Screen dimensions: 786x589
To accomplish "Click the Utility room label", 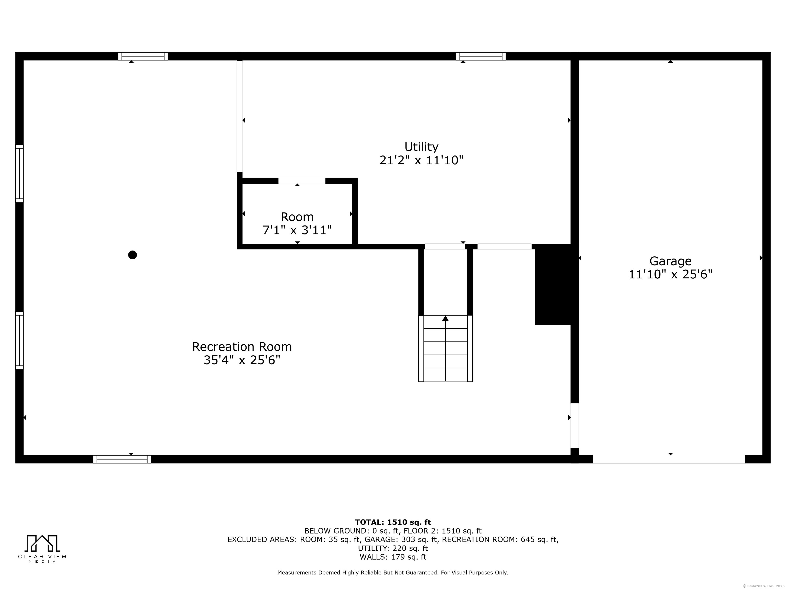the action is click(421, 147).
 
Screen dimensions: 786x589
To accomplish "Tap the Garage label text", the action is click(671, 261).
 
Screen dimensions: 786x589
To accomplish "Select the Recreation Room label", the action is click(242, 346).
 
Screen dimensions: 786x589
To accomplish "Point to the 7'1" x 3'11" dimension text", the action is click(297, 230).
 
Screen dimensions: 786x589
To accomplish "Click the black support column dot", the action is click(133, 255).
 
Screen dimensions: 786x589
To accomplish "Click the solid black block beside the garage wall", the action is click(553, 284).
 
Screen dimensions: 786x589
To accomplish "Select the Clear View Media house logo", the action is click(42, 543).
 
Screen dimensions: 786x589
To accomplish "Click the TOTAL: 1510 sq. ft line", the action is click(393, 522).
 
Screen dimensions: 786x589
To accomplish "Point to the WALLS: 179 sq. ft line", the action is click(393, 557).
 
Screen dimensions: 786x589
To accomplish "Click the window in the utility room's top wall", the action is click(481, 56).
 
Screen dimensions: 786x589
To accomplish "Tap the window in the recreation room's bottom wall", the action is click(122, 459).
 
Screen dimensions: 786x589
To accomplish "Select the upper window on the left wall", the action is click(19, 174).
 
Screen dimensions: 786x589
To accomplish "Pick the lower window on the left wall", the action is click(19, 341).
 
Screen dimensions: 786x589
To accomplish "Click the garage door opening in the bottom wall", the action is click(669, 459).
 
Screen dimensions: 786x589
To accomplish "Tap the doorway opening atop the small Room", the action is click(302, 181).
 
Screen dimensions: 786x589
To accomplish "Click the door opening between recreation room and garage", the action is click(575, 426).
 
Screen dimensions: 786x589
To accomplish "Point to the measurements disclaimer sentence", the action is click(393, 583).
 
